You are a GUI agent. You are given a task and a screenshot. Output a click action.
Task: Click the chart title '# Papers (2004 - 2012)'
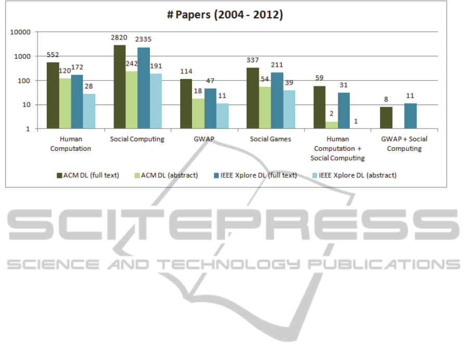[225, 15]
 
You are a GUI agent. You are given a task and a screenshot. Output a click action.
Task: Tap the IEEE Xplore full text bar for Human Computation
[77, 102]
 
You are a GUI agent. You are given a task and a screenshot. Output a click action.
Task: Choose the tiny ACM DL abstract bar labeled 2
[331, 125]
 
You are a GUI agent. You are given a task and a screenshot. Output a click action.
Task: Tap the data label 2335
[144, 39]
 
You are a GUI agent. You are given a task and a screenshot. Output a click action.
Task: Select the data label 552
[53, 54]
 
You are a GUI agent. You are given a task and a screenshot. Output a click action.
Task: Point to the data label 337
[252, 59]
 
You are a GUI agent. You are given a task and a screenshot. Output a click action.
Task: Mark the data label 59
[319, 78]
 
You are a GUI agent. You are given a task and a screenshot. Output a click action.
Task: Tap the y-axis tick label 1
[29, 129]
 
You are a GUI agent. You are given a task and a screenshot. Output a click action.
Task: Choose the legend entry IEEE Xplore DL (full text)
[265, 175]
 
